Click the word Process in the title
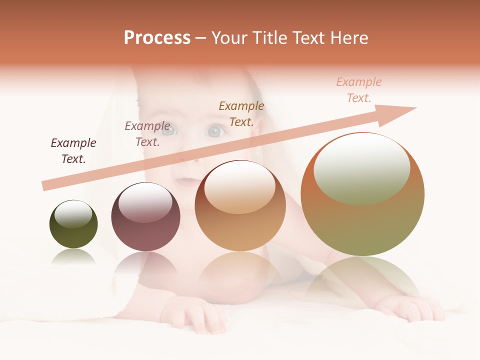(x=157, y=37)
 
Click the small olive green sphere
(x=73, y=224)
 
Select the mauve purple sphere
(x=145, y=217)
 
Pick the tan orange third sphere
(x=240, y=206)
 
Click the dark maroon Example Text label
(x=73, y=150)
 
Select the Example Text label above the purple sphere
(x=147, y=133)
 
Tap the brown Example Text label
(x=241, y=113)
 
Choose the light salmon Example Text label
(x=359, y=89)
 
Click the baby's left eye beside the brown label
(x=215, y=131)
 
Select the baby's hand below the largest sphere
(x=410, y=307)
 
